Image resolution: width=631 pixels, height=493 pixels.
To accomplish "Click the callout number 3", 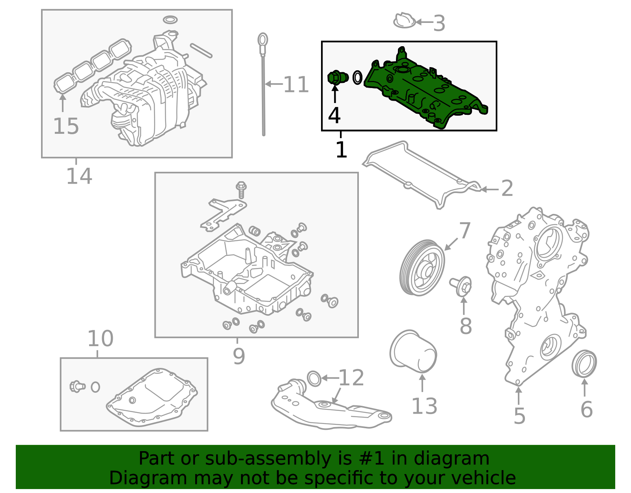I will tap(439, 24).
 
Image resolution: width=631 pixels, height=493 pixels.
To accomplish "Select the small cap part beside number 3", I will tap(404, 21).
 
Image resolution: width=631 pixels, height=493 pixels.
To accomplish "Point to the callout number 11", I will tap(296, 85).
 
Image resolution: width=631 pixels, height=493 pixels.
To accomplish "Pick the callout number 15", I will tap(66, 126).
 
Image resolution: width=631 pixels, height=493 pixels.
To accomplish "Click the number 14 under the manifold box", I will tap(79, 176).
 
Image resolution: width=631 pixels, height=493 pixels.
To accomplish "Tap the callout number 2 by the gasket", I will tap(507, 189).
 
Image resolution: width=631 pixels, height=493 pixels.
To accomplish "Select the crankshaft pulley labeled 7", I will tap(422, 267).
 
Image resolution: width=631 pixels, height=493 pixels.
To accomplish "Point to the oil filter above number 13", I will tap(413, 351).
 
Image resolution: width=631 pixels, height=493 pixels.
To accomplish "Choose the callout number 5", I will tap(519, 416).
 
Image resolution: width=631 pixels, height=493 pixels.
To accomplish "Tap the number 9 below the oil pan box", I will tap(239, 356).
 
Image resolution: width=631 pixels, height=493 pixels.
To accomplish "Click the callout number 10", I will tap(100, 339).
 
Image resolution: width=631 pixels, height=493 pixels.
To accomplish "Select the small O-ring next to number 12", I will tap(314, 378).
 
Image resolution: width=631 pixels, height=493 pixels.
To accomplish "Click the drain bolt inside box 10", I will tap(77, 386).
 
